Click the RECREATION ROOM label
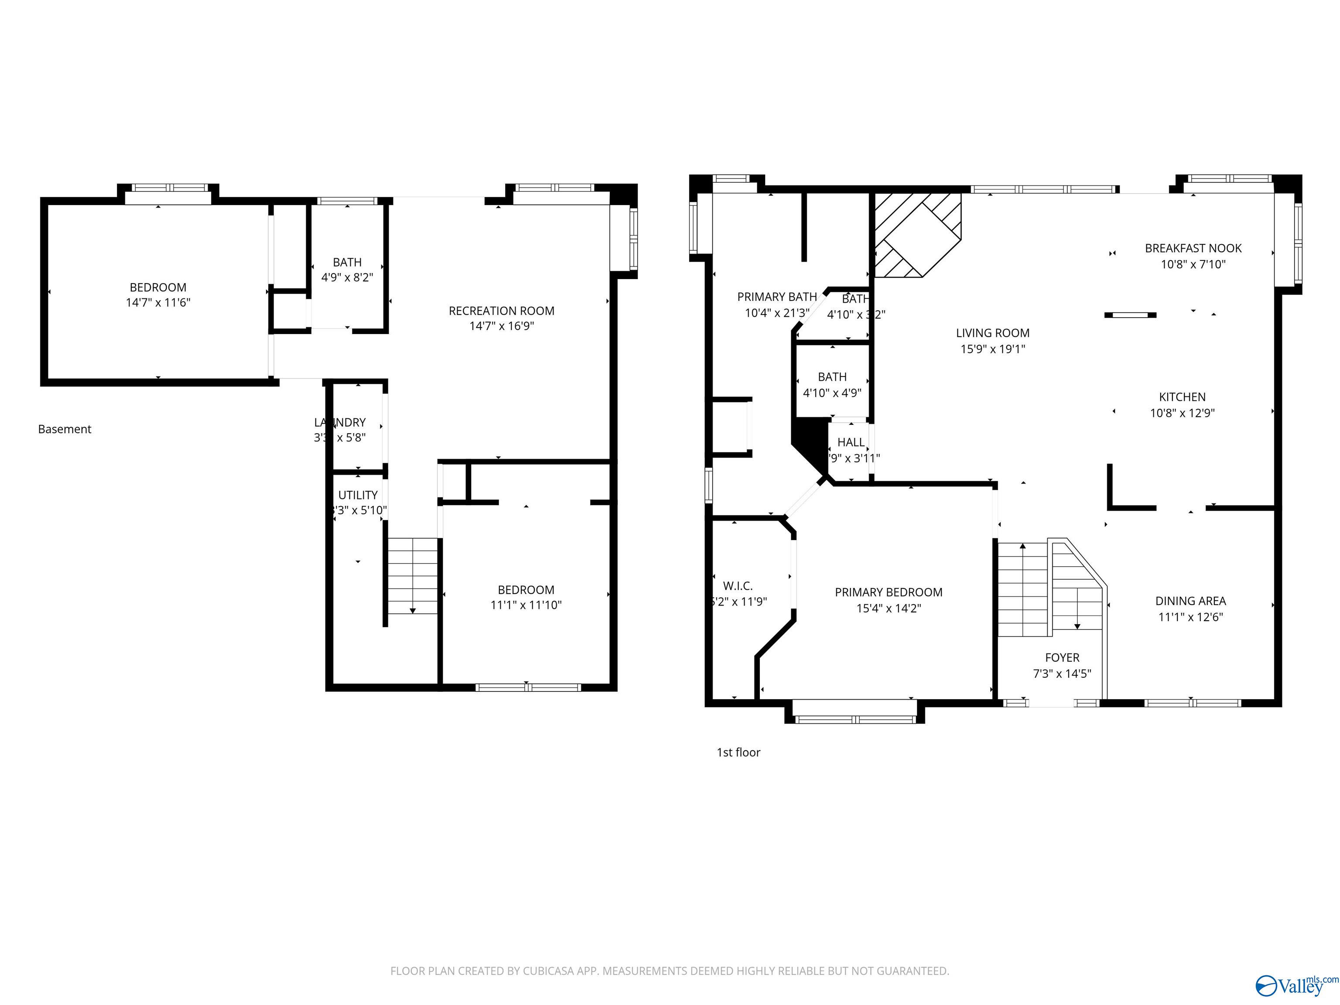pyautogui.click(x=501, y=311)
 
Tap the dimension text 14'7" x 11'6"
pyautogui.click(x=157, y=302)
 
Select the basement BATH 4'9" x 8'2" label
pyautogui.click(x=347, y=270)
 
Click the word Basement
pyautogui.click(x=64, y=429)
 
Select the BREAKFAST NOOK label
pyautogui.click(x=1193, y=248)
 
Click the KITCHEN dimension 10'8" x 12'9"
pyautogui.click(x=1182, y=413)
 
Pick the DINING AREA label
pyautogui.click(x=1190, y=601)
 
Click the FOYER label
pyautogui.click(x=1062, y=657)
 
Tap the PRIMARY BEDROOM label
pyautogui.click(x=888, y=592)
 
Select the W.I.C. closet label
pyautogui.click(x=738, y=586)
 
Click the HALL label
pyautogui.click(x=851, y=442)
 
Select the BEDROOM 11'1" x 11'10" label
pyautogui.click(x=526, y=597)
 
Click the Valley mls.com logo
pyautogui.click(x=1296, y=984)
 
